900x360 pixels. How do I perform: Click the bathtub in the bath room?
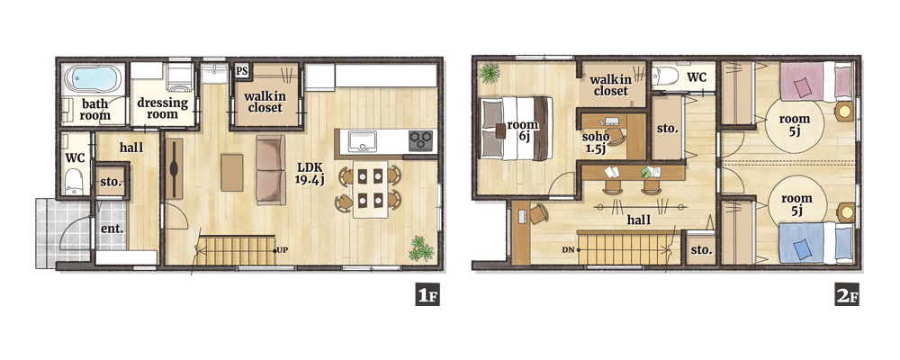94,78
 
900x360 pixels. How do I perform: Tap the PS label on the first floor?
241,71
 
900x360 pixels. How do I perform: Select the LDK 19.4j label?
310,173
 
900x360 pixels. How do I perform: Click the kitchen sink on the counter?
363,141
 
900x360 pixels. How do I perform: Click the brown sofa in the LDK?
270,170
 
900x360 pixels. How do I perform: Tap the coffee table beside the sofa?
232,172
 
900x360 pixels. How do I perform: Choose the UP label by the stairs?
282,250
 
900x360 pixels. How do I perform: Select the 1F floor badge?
427,296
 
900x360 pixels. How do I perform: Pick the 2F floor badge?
847,296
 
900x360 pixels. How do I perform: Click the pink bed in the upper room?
816,82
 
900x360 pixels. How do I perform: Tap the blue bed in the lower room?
815,243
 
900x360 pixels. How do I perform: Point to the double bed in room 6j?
517,128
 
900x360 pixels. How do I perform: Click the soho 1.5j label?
595,143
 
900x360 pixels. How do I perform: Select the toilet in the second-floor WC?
665,76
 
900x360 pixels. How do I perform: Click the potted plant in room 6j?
490,73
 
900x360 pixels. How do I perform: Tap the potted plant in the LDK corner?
421,248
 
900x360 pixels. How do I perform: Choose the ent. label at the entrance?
113,229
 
